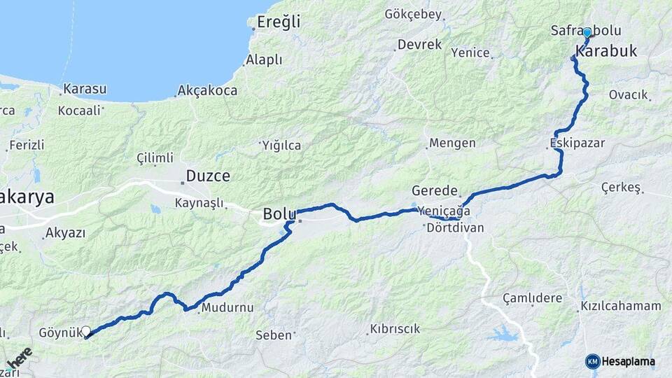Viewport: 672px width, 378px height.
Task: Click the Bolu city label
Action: [x=278, y=213]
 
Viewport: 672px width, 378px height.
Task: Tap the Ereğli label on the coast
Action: [x=278, y=22]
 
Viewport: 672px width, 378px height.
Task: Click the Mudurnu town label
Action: [x=227, y=308]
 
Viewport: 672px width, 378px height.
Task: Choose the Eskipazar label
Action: [x=577, y=143]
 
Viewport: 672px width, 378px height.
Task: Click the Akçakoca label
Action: [x=207, y=90]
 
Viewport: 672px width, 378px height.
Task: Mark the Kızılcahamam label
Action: [x=620, y=306]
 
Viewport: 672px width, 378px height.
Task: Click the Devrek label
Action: [x=419, y=44]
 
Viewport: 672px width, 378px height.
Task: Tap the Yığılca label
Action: [x=281, y=146]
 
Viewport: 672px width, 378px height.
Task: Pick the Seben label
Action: [x=274, y=335]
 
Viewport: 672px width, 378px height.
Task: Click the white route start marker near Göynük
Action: [x=86, y=331]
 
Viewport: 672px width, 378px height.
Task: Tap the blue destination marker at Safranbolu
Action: [x=587, y=32]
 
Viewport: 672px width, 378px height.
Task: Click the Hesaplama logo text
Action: [x=629, y=362]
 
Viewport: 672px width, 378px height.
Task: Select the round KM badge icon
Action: [x=593, y=362]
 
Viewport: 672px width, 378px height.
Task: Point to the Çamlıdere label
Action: [x=532, y=298]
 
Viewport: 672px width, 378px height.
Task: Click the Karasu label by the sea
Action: [x=85, y=89]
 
